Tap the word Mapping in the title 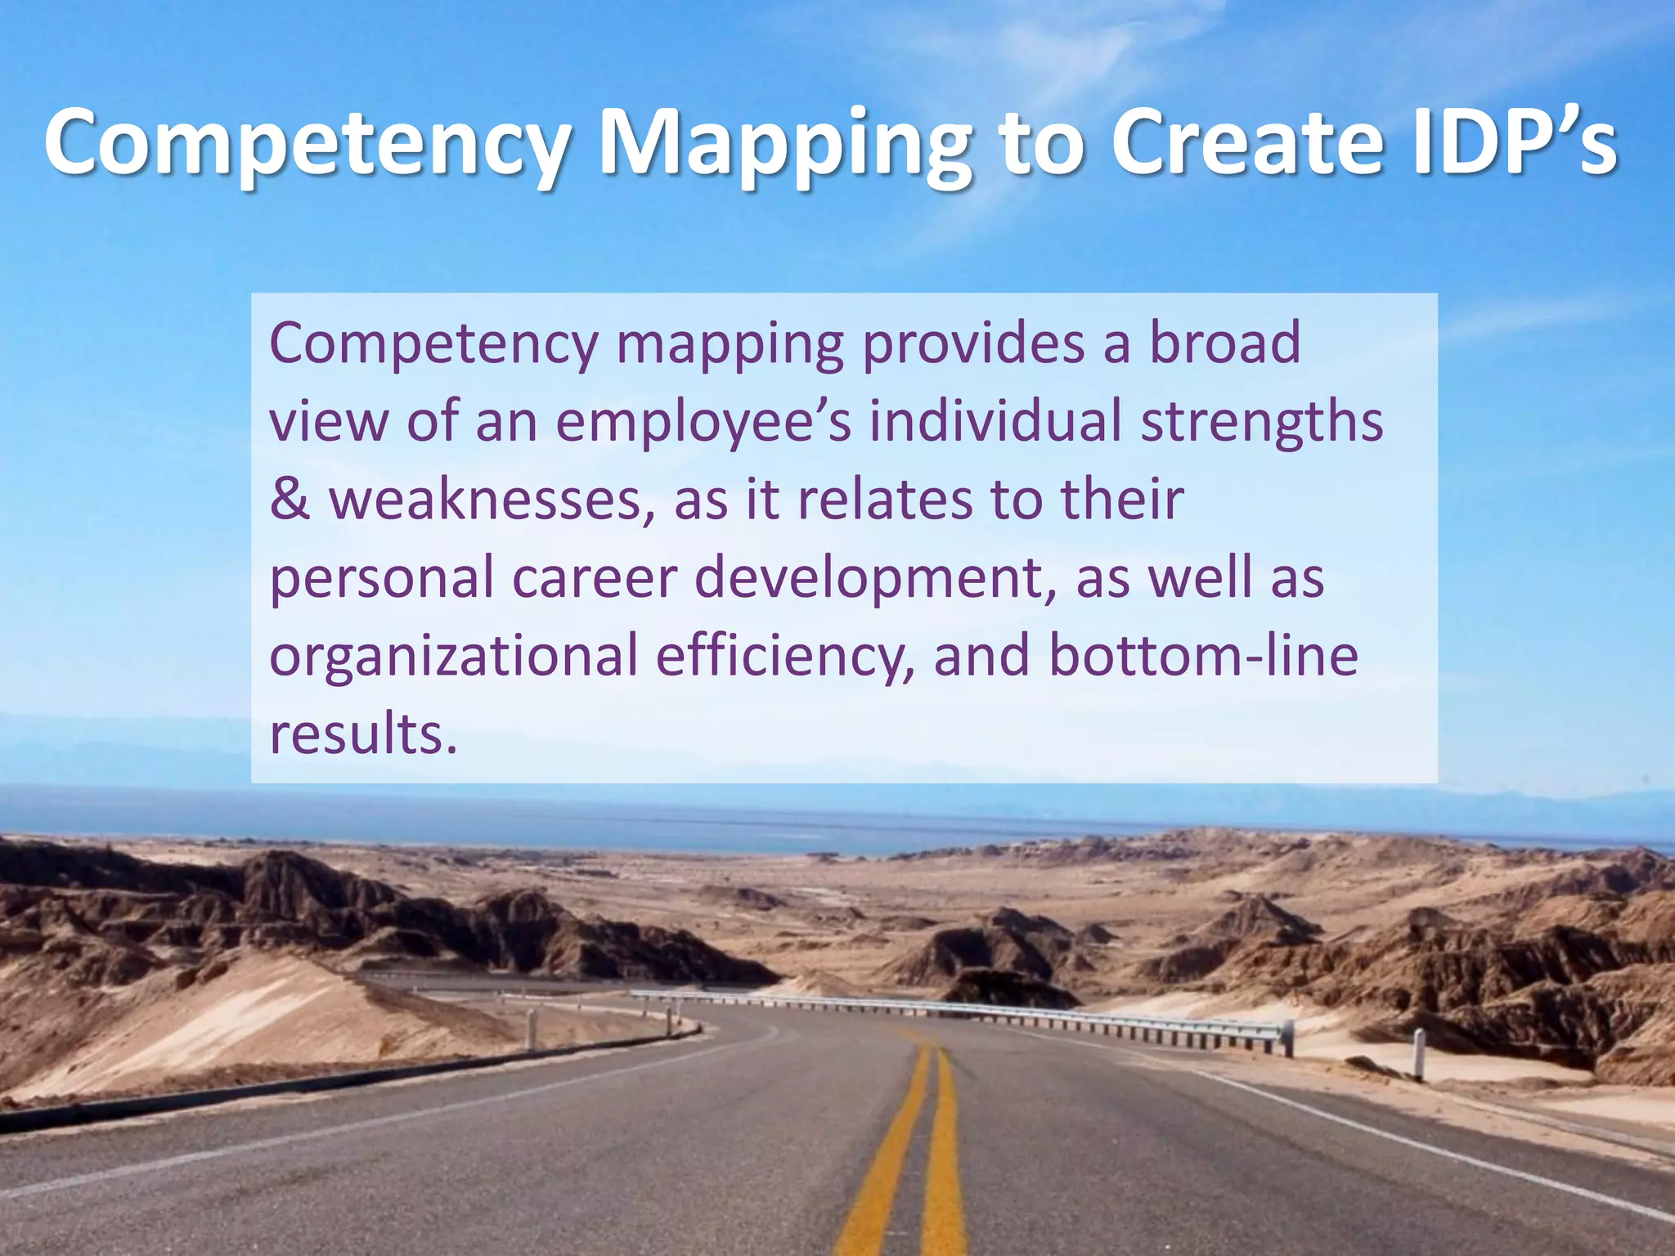785,143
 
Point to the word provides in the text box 973,343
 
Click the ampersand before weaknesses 290,500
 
